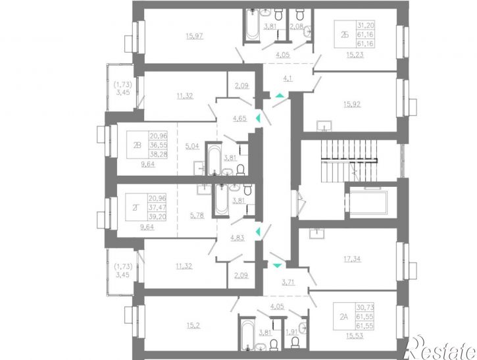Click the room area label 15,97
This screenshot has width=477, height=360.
tap(194, 36)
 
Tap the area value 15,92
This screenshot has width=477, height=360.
tap(352, 105)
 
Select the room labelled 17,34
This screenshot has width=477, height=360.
tap(352, 259)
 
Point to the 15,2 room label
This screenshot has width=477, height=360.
tap(194, 326)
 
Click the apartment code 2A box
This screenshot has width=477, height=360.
tap(344, 317)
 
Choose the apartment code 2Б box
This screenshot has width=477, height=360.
tap(345, 34)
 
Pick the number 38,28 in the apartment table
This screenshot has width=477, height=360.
tap(158, 154)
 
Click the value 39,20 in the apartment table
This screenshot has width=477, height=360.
tap(157, 217)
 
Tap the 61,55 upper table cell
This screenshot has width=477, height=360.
tap(365, 317)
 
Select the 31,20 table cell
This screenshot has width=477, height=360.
tap(366, 25)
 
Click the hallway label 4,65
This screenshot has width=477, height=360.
tap(239, 118)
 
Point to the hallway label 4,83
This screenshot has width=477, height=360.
tap(238, 238)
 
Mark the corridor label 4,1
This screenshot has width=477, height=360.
tap(288, 78)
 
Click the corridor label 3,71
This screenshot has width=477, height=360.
tap(288, 282)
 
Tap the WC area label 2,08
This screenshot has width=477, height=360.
tap(297, 26)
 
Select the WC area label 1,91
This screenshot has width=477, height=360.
tap(292, 332)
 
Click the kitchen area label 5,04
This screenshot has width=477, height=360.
tap(192, 146)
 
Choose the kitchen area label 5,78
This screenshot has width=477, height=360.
tap(197, 216)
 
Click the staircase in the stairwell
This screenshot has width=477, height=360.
tap(349, 161)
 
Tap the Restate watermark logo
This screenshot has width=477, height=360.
tap(441, 348)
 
